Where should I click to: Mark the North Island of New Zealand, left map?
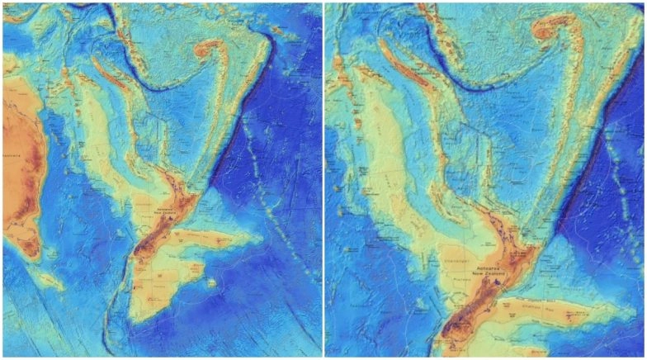click(x=180, y=198)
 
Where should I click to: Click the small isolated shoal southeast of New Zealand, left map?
click(x=213, y=283)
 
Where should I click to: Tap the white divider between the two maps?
click(x=323, y=180)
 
